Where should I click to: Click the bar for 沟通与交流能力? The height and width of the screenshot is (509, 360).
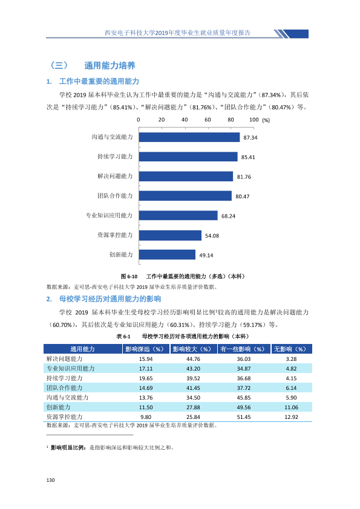[x=189, y=137]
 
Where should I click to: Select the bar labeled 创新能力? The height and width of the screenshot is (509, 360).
[x=168, y=254]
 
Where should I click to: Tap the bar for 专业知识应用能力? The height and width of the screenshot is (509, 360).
[x=178, y=215]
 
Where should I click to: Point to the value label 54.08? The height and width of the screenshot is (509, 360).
[x=212, y=236]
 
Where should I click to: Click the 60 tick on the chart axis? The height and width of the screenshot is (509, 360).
[x=208, y=120]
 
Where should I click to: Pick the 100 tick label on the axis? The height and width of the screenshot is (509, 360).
[x=254, y=120]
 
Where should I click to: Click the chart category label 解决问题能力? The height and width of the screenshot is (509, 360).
[x=115, y=177]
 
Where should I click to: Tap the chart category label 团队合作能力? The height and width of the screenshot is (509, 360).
[x=115, y=196]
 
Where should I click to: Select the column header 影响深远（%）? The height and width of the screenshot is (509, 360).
[x=146, y=349]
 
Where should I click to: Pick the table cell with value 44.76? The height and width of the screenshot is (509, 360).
[x=194, y=359]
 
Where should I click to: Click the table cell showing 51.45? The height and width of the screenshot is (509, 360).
[x=244, y=417]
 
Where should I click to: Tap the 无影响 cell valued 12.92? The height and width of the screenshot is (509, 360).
[x=291, y=417]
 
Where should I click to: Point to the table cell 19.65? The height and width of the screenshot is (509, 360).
[x=146, y=378]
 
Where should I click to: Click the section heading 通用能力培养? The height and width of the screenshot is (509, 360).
[x=110, y=65]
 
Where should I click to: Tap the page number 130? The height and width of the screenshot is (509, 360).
[x=50, y=480]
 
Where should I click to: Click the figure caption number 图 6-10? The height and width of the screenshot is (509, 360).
[x=129, y=277]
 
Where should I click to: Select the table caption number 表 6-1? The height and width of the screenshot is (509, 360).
[x=123, y=336]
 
